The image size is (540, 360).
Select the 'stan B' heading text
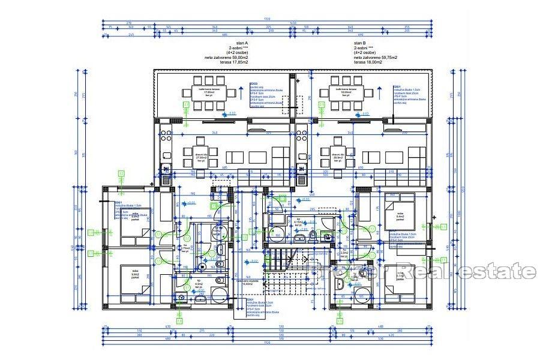pyautogui.click(x=359, y=44)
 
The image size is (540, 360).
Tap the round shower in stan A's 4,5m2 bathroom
pyautogui.click(x=220, y=295)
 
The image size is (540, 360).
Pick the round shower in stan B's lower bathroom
pyautogui.click(x=362, y=295)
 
